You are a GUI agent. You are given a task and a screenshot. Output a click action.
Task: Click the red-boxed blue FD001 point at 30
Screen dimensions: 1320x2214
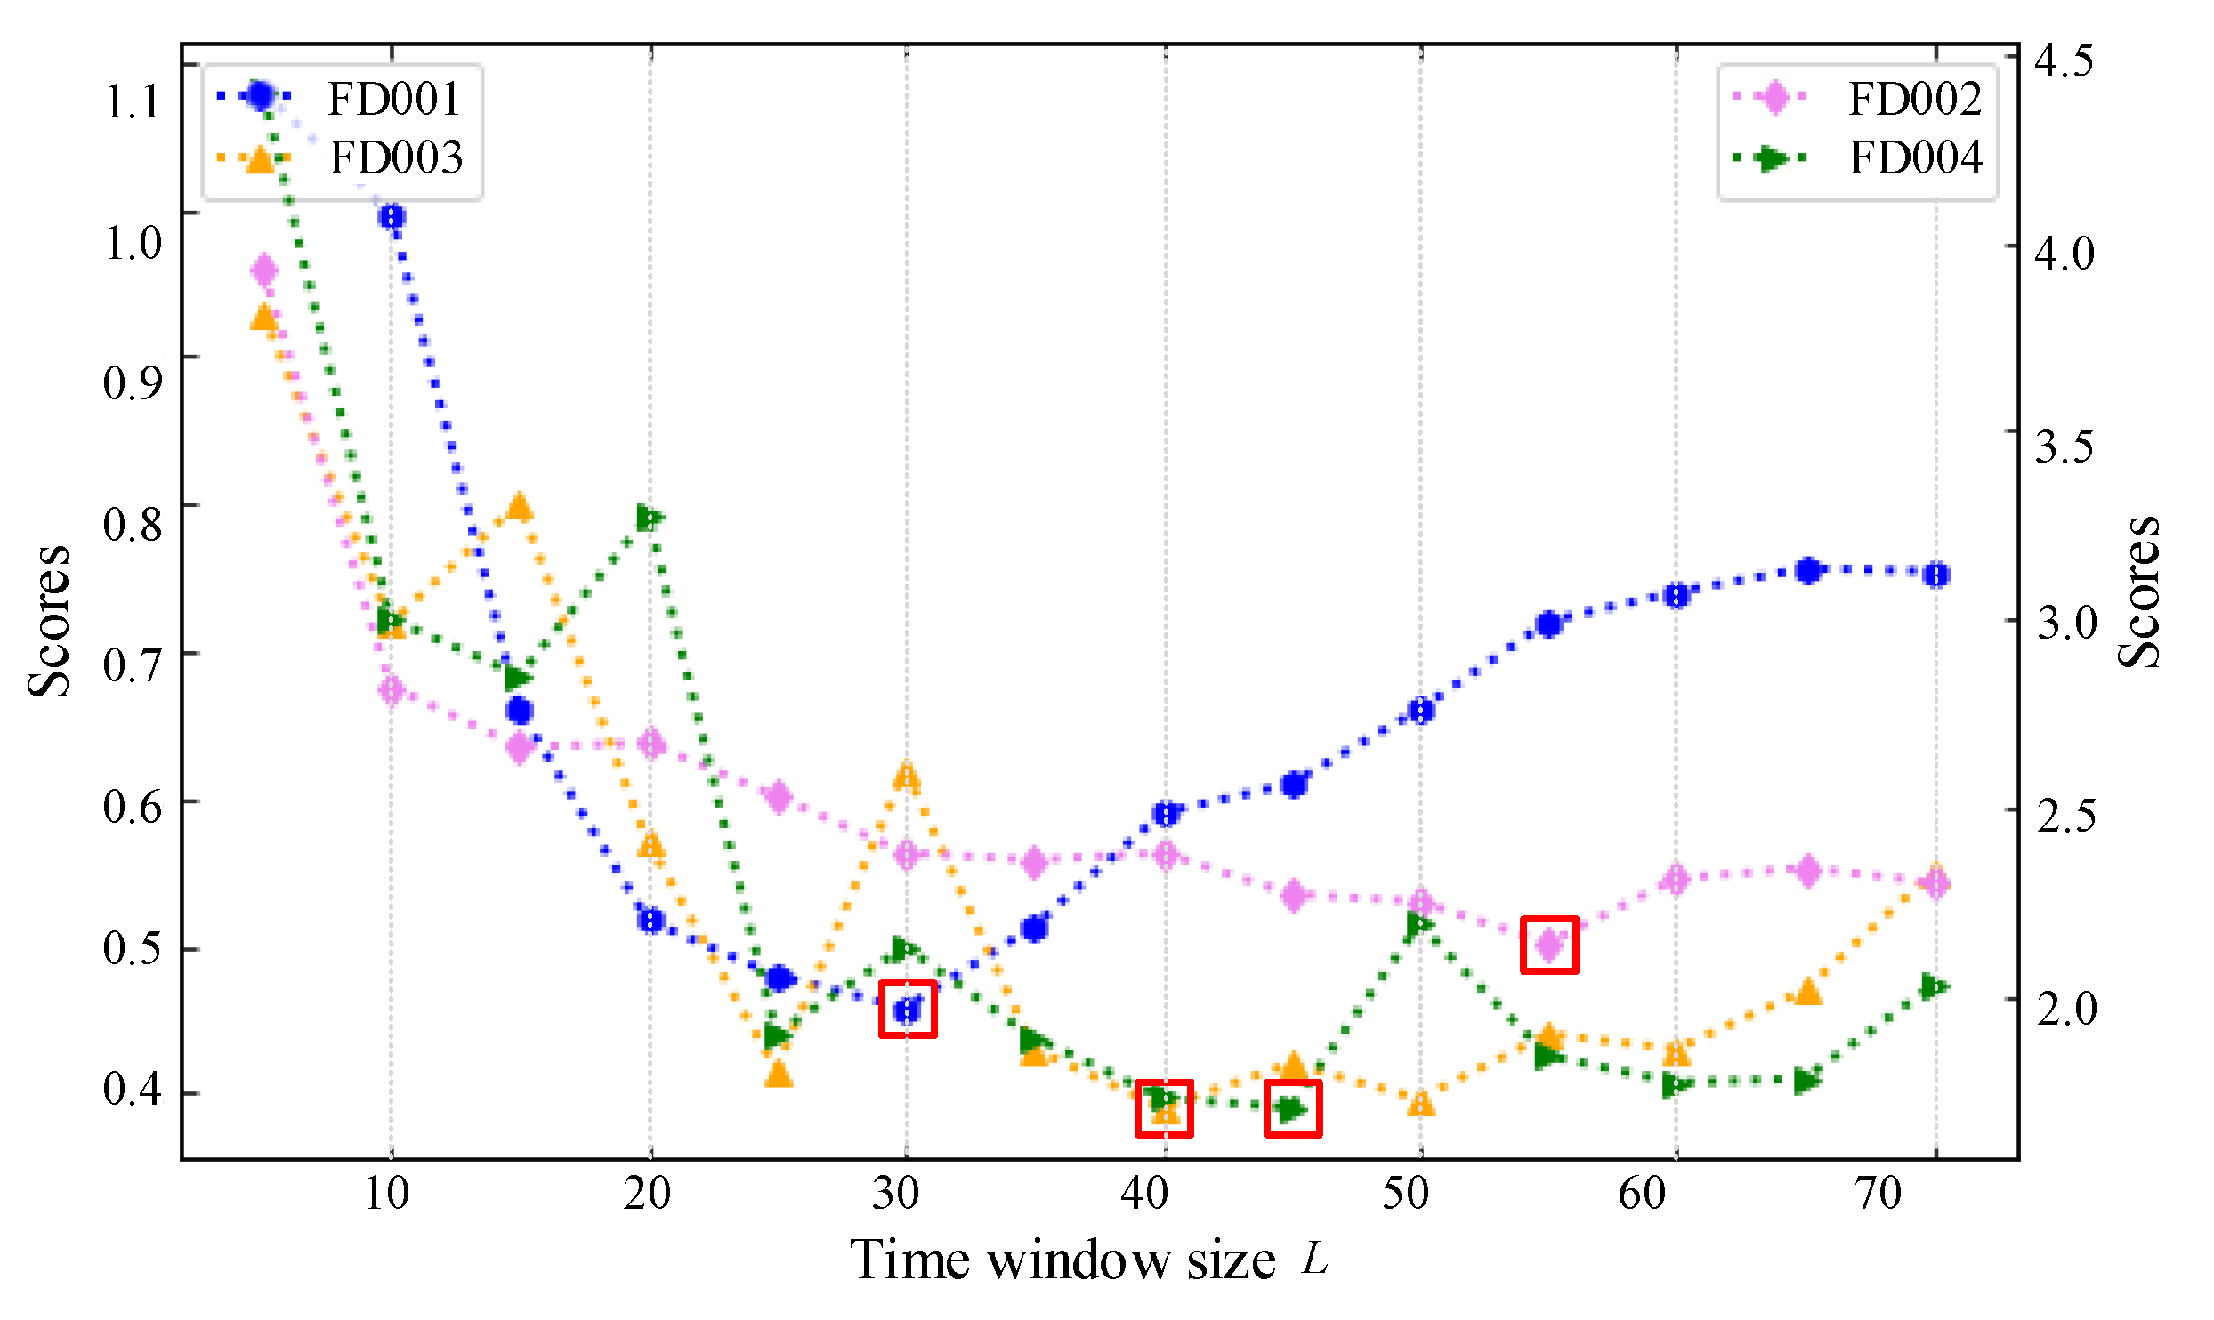pos(907,1010)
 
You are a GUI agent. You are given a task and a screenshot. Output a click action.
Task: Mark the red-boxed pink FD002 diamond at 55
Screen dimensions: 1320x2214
pos(1549,945)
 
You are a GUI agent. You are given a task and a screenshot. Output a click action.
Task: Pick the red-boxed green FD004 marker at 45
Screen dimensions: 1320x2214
pos(1292,1108)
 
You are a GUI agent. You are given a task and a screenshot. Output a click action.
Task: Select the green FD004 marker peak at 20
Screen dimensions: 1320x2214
pos(650,518)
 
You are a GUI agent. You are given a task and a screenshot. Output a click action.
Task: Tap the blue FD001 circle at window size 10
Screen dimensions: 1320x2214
pos(392,217)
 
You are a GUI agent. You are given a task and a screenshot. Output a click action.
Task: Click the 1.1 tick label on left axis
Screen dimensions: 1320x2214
pos(133,101)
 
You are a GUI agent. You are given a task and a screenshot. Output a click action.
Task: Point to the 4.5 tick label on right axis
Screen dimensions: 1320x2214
pos(2064,61)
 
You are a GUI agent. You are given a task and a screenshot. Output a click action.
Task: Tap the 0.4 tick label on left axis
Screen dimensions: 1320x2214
pos(133,1088)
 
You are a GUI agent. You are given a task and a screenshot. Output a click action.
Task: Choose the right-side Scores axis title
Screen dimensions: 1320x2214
pos(2139,592)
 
